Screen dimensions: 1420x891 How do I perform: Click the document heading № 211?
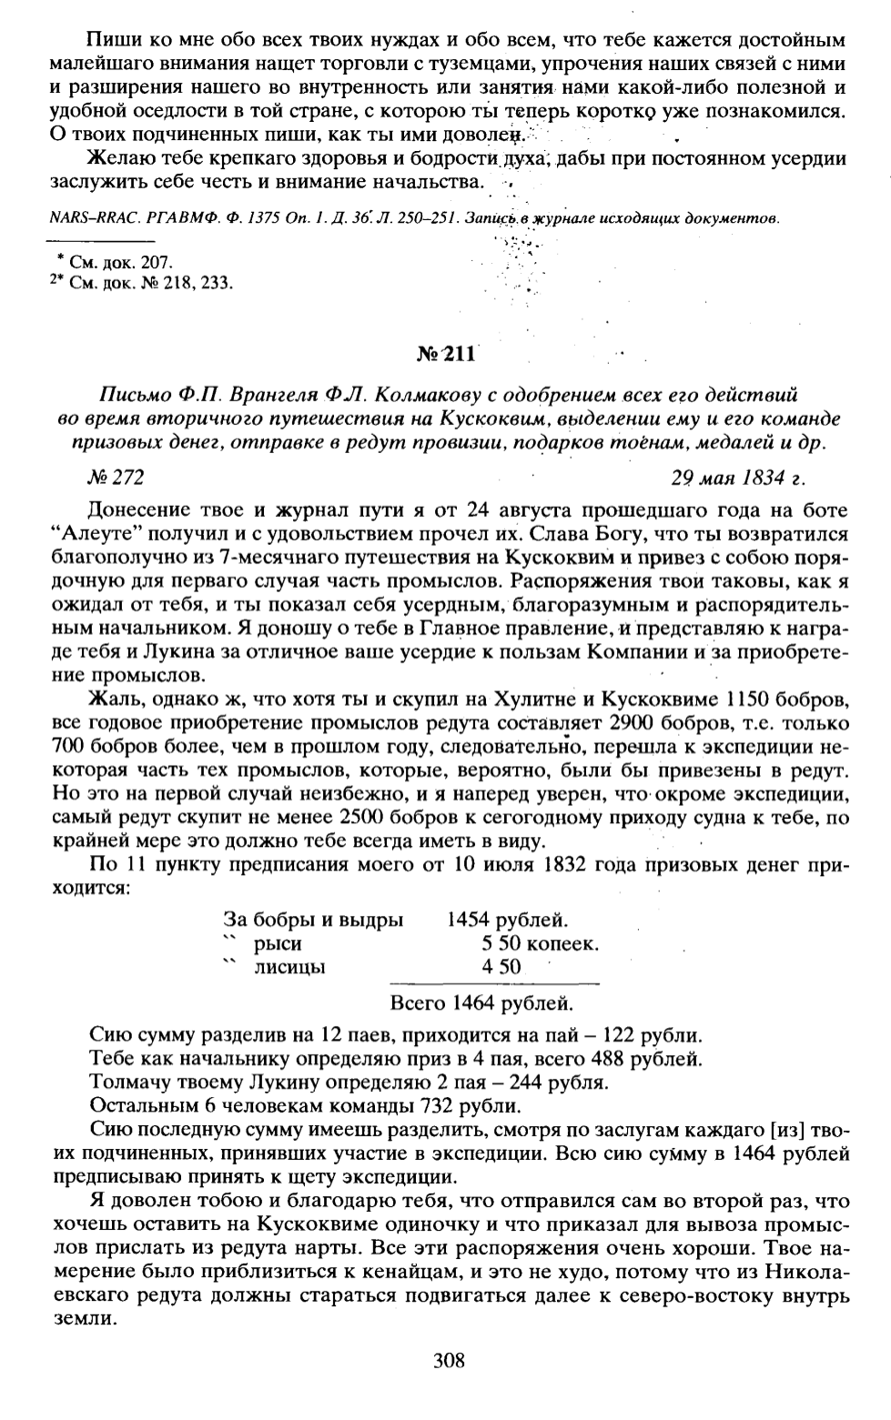(x=446, y=355)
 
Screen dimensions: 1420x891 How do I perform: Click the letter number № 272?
(x=119, y=476)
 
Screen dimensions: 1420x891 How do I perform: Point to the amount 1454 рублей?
(x=508, y=920)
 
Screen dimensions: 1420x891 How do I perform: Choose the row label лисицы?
(x=289, y=967)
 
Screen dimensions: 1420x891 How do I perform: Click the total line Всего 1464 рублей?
(x=481, y=1003)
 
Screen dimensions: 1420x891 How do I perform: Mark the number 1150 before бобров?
(x=764, y=699)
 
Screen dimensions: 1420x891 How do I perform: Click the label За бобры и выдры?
(x=313, y=920)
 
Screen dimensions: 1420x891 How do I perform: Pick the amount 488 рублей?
(x=646, y=1059)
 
